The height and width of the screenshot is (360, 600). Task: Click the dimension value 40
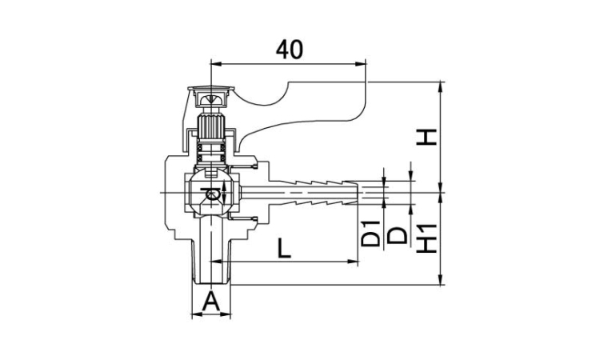[290, 50]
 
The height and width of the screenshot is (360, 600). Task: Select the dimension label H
[426, 138]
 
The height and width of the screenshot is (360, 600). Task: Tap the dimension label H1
[426, 238]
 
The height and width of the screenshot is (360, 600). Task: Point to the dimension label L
[283, 248]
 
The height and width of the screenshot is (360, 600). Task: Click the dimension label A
[211, 301]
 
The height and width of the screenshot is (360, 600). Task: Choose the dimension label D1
[370, 234]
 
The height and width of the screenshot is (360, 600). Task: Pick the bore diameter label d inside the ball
[212, 193]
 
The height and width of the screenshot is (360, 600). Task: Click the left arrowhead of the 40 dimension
[216, 63]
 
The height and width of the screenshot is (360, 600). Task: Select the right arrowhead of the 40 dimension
[361, 63]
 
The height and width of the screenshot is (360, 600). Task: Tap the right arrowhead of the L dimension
[353, 262]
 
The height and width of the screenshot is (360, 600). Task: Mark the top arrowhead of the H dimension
[441, 86]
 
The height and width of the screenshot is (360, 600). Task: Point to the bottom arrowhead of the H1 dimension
[441, 280]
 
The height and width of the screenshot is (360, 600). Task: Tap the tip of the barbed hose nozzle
[358, 193]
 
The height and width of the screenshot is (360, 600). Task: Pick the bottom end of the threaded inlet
[211, 283]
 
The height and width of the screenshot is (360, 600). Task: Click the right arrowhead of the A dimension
[226, 314]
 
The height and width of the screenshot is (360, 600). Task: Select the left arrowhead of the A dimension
[196, 314]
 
